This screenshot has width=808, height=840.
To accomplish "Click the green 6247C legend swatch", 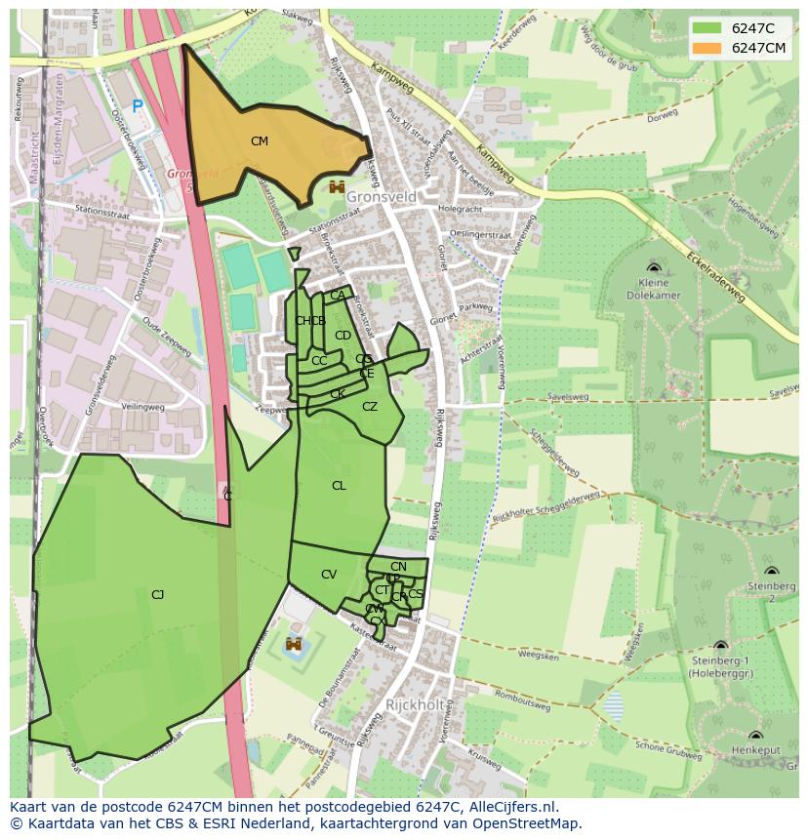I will (708, 28).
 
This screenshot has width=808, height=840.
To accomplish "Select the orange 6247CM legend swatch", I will (708, 48).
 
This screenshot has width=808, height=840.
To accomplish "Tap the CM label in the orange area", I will (259, 141).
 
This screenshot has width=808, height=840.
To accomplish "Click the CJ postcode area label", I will (157, 594).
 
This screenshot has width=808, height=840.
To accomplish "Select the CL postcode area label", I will (339, 486).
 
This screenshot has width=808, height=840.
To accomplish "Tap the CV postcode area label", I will (329, 575).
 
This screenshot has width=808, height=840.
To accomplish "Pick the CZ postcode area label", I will (370, 407).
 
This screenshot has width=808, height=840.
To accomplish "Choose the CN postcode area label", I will (398, 567).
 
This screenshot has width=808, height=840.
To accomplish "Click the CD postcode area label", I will (343, 336).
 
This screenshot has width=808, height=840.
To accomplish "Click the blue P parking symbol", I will (138, 106).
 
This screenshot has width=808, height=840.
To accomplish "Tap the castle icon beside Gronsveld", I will (338, 187).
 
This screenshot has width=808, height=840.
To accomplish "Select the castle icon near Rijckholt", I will (293, 644).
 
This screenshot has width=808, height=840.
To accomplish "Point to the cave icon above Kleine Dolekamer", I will (653, 267).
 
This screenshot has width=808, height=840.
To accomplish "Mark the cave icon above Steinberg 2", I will (771, 571).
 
